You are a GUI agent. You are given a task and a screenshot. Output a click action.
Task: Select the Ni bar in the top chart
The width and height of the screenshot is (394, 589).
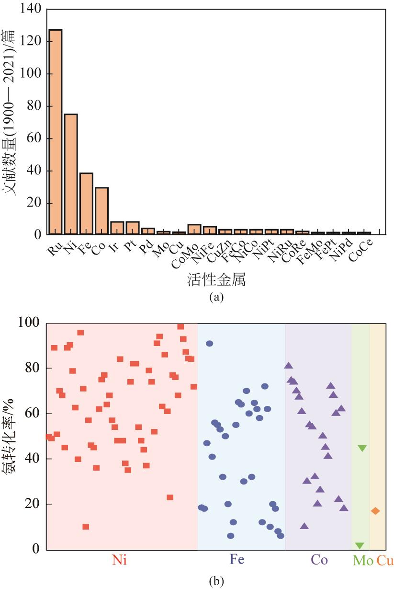[71, 174]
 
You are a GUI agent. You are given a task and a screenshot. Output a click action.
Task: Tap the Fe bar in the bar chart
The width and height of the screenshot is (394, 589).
[86, 204]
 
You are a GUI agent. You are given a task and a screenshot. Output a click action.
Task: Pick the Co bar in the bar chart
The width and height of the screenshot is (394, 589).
[101, 211]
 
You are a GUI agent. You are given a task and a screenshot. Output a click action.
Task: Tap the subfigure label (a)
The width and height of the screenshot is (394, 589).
[216, 297]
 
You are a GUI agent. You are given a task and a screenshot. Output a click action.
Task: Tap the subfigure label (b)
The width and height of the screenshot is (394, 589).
[216, 581]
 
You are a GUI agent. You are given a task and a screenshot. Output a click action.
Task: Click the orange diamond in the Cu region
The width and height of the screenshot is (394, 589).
[375, 511]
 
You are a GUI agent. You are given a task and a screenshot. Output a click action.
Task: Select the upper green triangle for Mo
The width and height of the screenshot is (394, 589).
[362, 448]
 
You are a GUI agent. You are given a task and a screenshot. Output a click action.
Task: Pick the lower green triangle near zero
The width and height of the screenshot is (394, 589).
[360, 545]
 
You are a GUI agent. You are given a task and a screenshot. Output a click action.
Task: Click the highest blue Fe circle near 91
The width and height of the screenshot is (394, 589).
[209, 344]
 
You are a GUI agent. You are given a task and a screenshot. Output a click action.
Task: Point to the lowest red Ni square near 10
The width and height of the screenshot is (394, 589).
[86, 527]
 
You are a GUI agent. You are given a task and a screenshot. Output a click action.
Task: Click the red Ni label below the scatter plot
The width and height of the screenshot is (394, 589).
[119, 560]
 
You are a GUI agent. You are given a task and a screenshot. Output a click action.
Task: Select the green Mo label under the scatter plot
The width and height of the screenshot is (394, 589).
[363, 560]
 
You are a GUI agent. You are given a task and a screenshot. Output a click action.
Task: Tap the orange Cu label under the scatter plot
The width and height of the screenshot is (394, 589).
[385, 560]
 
